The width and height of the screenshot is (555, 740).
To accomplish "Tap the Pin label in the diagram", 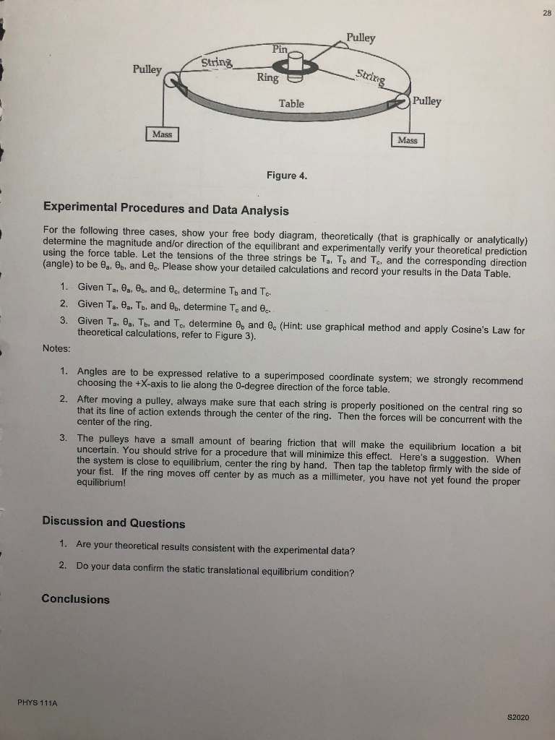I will click(x=280, y=48).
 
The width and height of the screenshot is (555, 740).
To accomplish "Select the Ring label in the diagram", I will click(x=267, y=77).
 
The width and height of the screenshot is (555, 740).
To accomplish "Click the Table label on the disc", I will click(x=291, y=103).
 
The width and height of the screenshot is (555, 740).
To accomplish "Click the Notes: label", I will click(x=57, y=348).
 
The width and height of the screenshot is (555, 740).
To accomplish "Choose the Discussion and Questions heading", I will click(x=113, y=523).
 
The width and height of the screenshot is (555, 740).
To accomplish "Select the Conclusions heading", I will click(x=76, y=599).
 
